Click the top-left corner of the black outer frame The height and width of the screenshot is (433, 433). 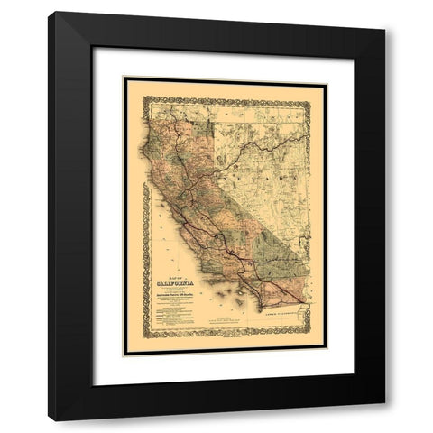coord(51,13)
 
